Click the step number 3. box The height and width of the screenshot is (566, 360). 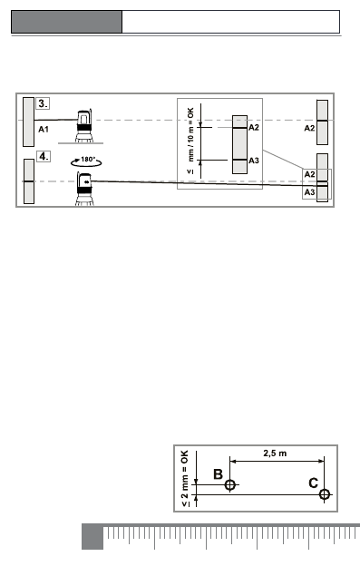pyautogui.click(x=43, y=103)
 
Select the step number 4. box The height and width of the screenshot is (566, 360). pyautogui.click(x=43, y=156)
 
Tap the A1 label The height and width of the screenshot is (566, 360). pyautogui.click(x=44, y=129)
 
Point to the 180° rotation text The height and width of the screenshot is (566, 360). pyautogui.click(x=88, y=160)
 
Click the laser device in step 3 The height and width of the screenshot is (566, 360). pyautogui.click(x=84, y=126)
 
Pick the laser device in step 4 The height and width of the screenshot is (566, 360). pyautogui.click(x=84, y=189)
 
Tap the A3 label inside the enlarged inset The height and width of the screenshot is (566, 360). pyautogui.click(x=254, y=161)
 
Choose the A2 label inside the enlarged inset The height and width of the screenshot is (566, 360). pyautogui.click(x=254, y=127)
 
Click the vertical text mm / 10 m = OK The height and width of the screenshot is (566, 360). pyautogui.click(x=190, y=134)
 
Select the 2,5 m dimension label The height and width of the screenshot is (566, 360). pyautogui.click(x=275, y=453)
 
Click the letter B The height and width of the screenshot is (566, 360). pyautogui.click(x=218, y=474)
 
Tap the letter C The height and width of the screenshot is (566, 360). pyautogui.click(x=314, y=483)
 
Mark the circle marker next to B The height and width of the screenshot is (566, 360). pyautogui.click(x=229, y=484)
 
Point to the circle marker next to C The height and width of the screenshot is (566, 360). pyautogui.click(x=325, y=494)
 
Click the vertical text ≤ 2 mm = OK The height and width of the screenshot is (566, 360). pyautogui.click(x=185, y=478)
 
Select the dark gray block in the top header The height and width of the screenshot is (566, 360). pyautogui.click(x=67, y=22)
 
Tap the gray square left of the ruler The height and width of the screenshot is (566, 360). pyautogui.click(x=92, y=537)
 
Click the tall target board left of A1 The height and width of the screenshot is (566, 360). pyautogui.click(x=28, y=122)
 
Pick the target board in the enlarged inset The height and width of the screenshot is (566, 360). pyautogui.click(x=240, y=144)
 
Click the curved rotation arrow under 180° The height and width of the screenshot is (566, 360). pyautogui.click(x=86, y=164)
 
